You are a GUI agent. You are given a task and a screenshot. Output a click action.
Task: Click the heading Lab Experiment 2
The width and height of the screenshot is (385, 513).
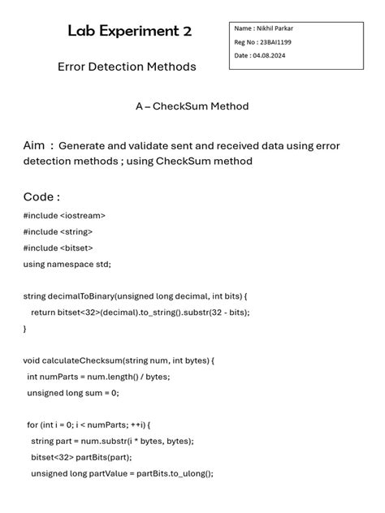(x=130, y=32)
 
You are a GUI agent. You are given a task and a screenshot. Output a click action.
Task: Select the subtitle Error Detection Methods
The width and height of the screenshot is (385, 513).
(x=127, y=67)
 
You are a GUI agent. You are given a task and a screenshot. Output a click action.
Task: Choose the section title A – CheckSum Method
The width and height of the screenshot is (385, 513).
(x=192, y=106)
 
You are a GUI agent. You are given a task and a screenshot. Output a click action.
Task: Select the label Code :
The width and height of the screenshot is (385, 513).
(x=41, y=197)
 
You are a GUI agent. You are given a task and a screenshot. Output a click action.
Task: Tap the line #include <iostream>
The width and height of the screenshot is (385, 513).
(x=64, y=216)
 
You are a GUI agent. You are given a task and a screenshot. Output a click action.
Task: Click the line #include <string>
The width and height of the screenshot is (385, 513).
(x=58, y=231)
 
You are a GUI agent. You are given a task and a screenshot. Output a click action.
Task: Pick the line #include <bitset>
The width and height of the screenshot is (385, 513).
(x=58, y=248)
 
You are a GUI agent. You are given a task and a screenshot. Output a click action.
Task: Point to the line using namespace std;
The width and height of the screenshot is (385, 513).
(x=67, y=264)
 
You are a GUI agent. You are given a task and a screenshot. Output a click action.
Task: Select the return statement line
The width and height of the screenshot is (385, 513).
(x=140, y=313)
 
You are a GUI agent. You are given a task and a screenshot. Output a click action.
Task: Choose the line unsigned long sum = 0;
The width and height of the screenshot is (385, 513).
(x=73, y=393)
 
